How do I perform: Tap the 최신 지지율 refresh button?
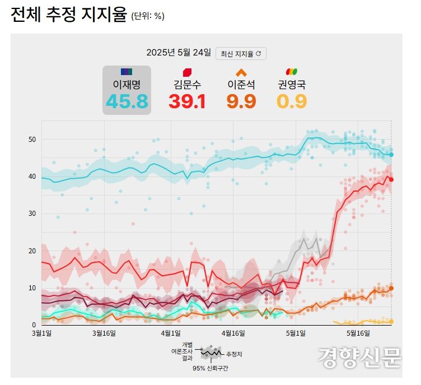241,53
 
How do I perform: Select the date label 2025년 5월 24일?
179,53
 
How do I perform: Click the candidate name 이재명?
127,85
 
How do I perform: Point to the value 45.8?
127,101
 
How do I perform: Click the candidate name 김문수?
188,85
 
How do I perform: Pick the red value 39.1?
188,101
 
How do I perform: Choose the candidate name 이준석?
241,85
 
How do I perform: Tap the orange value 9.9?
241,101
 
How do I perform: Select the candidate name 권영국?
292,85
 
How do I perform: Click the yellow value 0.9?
292,101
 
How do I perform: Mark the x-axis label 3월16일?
104,333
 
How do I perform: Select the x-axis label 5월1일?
296,333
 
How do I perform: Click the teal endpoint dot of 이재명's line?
391,155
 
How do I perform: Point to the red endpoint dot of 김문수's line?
391,179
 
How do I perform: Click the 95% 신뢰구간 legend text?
210,368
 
